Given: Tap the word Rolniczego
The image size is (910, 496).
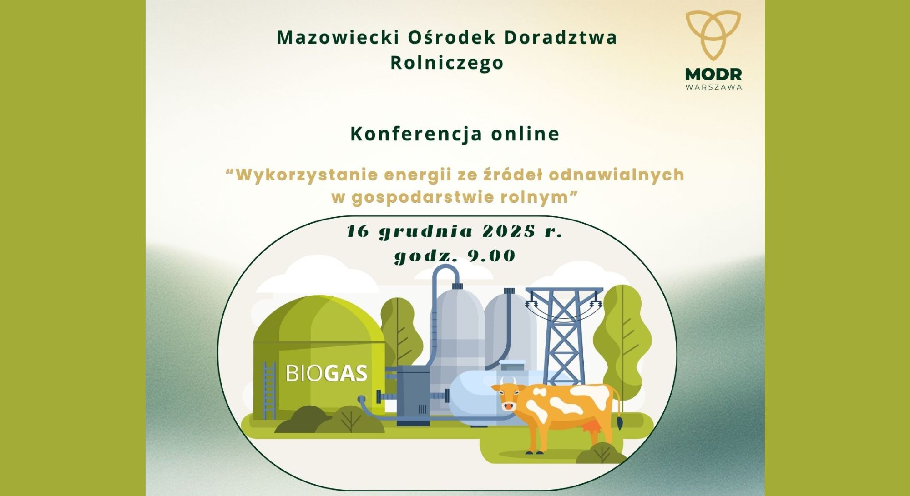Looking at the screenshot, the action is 447,63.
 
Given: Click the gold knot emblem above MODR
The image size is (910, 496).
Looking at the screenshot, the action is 713,35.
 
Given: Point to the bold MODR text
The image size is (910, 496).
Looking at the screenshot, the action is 713,74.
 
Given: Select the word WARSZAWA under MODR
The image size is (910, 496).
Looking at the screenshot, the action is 713,87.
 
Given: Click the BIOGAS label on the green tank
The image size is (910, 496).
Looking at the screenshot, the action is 326,373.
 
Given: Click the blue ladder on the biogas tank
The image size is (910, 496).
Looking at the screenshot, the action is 269,391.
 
